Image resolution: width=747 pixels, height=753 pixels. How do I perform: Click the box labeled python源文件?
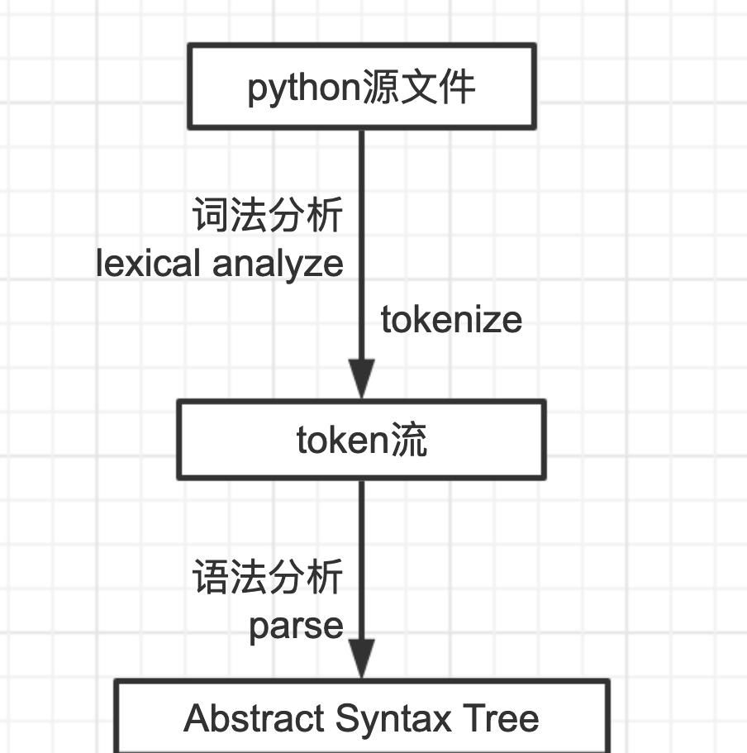pyautogui.click(x=361, y=87)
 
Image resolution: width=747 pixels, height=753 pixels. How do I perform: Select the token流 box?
pyautogui.click(x=361, y=440)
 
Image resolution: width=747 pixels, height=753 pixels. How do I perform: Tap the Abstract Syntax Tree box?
pyautogui.click(x=361, y=716)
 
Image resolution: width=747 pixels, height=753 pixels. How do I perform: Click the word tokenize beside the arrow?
pyautogui.click(x=451, y=320)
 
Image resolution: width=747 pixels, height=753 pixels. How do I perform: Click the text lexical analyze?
pyautogui.click(x=220, y=265)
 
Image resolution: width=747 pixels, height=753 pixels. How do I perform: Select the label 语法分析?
pyautogui.click(x=267, y=577)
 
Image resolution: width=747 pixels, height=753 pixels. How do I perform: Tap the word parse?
pyautogui.click(x=296, y=626)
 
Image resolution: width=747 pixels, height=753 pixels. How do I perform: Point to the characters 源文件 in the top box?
pyautogui.click(x=418, y=87)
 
